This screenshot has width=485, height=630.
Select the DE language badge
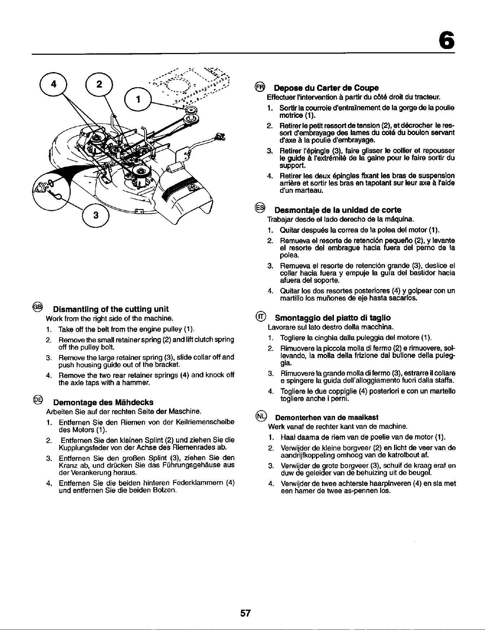tap(38, 399)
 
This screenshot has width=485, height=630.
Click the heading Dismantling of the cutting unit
tap(111, 309)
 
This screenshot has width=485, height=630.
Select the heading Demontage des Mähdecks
tap(103, 402)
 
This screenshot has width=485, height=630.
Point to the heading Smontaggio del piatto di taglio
tap(333, 318)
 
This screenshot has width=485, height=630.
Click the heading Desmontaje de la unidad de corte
tap(338, 210)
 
